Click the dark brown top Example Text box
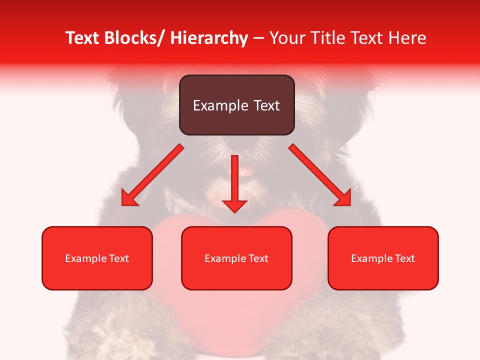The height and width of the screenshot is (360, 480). click(236, 105)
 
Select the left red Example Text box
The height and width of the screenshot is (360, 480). click(97, 258)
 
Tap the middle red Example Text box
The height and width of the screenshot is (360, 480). click(236, 258)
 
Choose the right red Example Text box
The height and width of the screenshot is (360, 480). click(383, 258)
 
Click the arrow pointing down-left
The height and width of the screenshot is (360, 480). click(152, 175)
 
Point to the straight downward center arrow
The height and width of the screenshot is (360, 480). click(234, 182)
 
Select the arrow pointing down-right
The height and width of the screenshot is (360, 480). click(320, 175)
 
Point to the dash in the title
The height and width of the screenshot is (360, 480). click(258, 38)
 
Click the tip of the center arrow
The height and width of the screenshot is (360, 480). click(234, 211)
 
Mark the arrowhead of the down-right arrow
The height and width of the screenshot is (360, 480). click(344, 199)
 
